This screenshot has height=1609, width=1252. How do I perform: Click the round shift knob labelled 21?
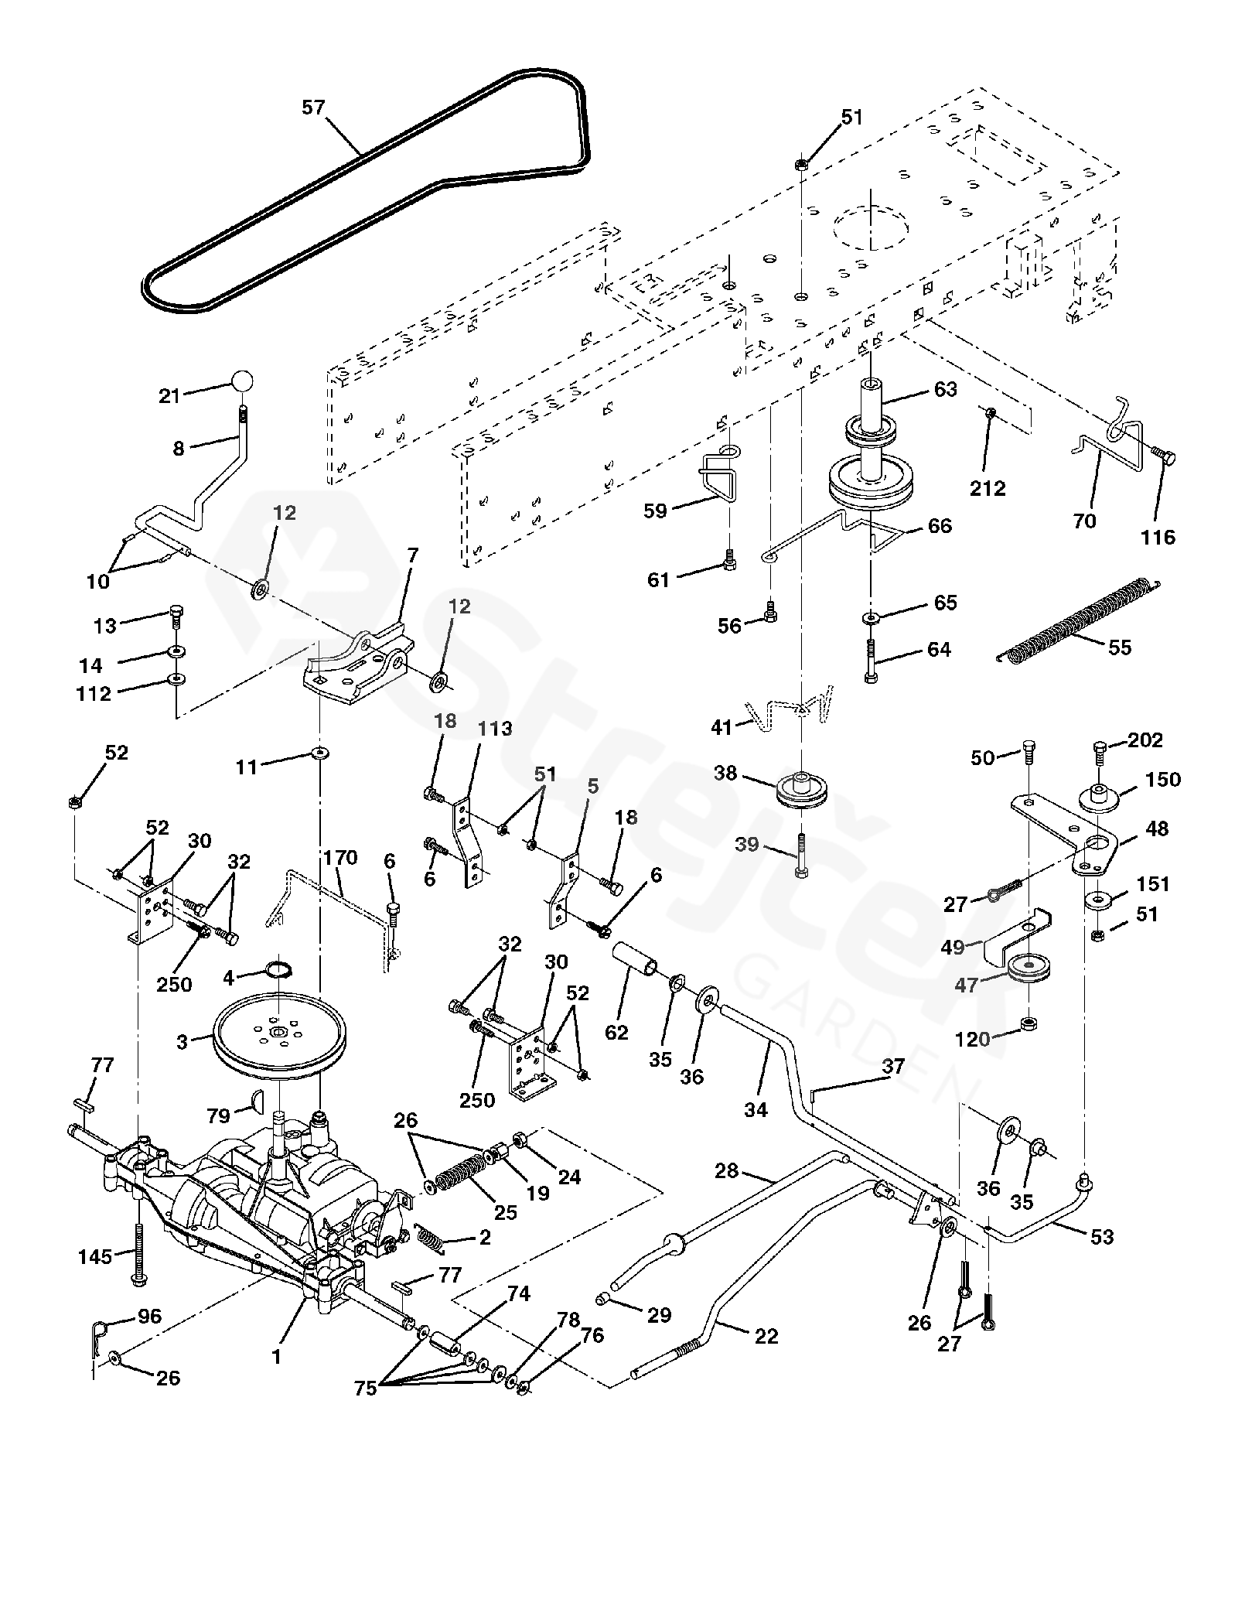point(242,382)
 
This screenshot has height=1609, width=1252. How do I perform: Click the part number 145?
point(95,1256)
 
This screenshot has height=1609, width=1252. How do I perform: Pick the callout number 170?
point(340,858)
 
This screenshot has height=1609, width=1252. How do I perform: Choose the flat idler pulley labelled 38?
point(800,790)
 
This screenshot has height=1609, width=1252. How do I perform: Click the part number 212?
point(988,488)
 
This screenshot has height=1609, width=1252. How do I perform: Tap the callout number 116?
point(1158,537)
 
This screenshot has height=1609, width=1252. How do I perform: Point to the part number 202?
point(1145,740)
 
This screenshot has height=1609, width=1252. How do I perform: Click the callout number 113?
point(495,729)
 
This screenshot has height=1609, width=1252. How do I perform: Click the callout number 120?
point(973,1040)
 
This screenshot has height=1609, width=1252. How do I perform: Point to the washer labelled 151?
point(1099,899)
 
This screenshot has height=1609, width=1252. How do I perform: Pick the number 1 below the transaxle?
point(277,1356)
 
